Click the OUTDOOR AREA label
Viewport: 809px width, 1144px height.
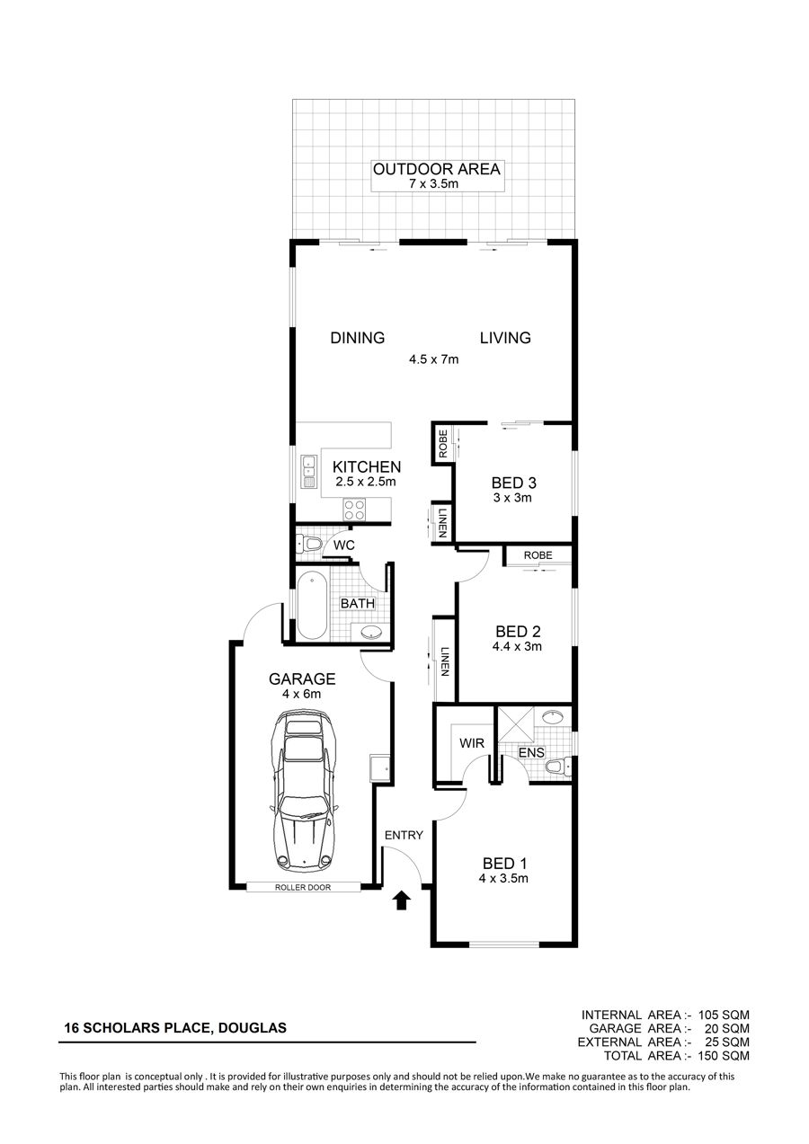(437, 169)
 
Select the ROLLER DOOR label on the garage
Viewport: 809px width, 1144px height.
(303, 887)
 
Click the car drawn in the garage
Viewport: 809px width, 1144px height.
(304, 791)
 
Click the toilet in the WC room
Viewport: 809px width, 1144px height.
(308, 543)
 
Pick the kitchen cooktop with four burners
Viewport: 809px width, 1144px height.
(354, 509)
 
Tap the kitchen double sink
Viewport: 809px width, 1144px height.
(308, 472)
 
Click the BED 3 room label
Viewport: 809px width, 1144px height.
(514, 483)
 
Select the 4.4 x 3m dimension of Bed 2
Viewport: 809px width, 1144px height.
(517, 646)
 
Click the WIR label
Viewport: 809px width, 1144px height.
(471, 742)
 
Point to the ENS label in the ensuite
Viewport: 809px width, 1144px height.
(531, 752)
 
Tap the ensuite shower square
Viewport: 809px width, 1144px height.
(515, 723)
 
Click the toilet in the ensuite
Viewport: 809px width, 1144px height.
(557, 767)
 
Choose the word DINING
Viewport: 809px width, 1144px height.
(358, 338)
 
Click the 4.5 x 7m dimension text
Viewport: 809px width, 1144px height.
(433, 359)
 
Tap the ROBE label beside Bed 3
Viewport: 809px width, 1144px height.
(443, 444)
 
